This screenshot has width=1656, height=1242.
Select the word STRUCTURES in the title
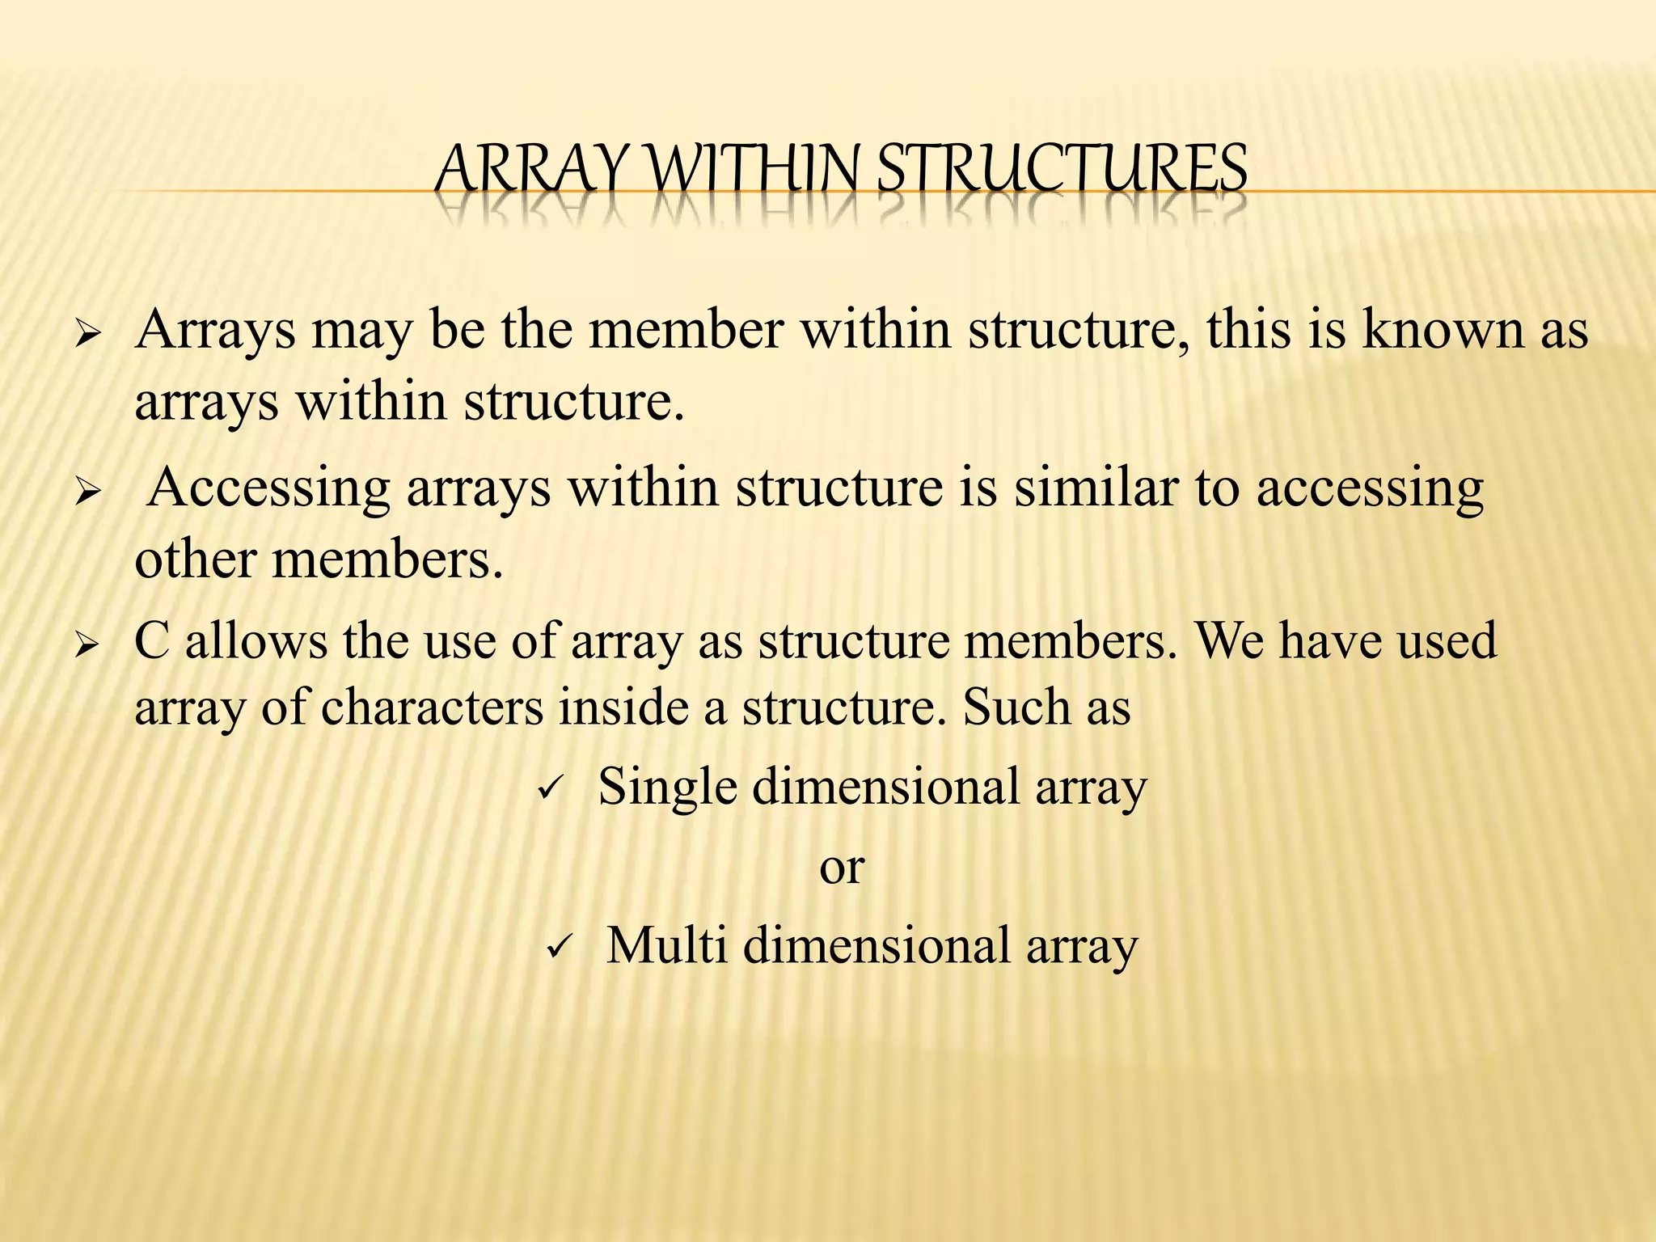tap(1062, 171)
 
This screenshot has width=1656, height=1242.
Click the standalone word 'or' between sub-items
tap(842, 868)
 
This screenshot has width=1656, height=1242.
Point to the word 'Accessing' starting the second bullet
tap(269, 488)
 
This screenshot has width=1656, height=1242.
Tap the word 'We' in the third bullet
tap(1228, 641)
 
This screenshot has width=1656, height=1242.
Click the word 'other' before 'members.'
tap(195, 559)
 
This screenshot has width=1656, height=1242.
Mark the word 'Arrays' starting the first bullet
tap(215, 332)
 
